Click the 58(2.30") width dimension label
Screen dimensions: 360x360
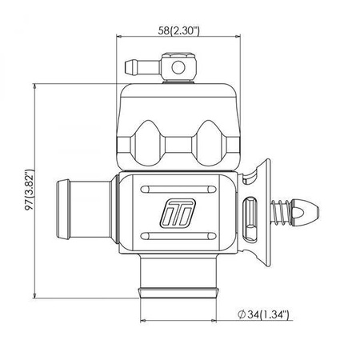178,30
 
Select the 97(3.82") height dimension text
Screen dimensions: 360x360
30,190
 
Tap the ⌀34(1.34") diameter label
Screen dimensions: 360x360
263,314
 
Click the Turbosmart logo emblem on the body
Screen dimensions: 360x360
178,214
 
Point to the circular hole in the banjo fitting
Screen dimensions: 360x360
178,67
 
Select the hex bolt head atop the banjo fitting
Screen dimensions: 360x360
178,56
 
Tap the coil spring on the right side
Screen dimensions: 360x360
281,213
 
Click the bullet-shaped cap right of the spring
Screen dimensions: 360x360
305,213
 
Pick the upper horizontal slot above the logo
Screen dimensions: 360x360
178,190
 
